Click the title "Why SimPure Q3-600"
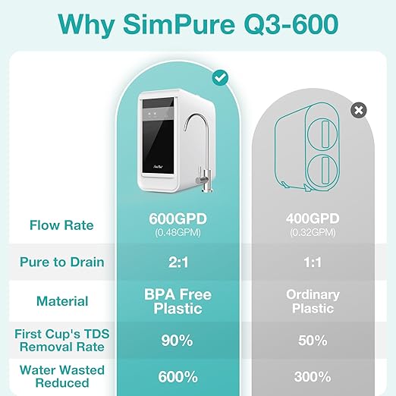pyautogui.click(x=198, y=25)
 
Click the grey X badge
pyautogui.click(x=359, y=111)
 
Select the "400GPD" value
pyautogui.click(x=313, y=218)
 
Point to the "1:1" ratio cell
pyautogui.click(x=313, y=262)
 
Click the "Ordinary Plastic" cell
pyautogui.click(x=313, y=301)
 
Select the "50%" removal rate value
pyautogui.click(x=313, y=340)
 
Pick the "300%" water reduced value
pyautogui.click(x=313, y=376)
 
